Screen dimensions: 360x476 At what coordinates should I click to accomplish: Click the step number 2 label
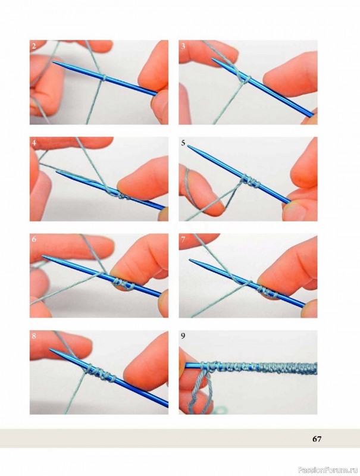[x=34, y=46]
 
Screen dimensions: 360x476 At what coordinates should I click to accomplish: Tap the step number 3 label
[x=183, y=46]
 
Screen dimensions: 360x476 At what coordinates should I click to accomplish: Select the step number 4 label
[x=34, y=143]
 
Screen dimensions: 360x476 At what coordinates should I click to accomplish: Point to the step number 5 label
[x=183, y=143]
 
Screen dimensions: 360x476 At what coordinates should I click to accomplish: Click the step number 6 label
[x=34, y=239]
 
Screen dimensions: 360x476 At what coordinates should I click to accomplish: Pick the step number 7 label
[x=183, y=239]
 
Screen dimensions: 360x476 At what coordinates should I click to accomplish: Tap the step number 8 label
[x=34, y=336]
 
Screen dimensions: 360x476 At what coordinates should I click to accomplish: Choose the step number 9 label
[x=183, y=336]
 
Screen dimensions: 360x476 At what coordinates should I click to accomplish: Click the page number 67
[x=317, y=439]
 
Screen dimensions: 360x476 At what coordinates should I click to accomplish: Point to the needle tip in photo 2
[x=53, y=62]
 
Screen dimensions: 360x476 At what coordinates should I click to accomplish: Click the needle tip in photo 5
[x=188, y=146]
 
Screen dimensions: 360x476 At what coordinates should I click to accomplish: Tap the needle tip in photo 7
[x=190, y=259]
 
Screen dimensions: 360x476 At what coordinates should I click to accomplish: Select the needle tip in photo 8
[x=51, y=349]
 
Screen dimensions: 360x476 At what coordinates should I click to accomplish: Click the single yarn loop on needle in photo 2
[x=104, y=78]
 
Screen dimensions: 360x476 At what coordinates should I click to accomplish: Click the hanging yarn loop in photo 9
[x=201, y=389]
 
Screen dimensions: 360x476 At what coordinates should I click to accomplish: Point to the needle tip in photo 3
[x=212, y=59]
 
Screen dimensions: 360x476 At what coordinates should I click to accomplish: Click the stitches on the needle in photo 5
[x=251, y=181]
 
